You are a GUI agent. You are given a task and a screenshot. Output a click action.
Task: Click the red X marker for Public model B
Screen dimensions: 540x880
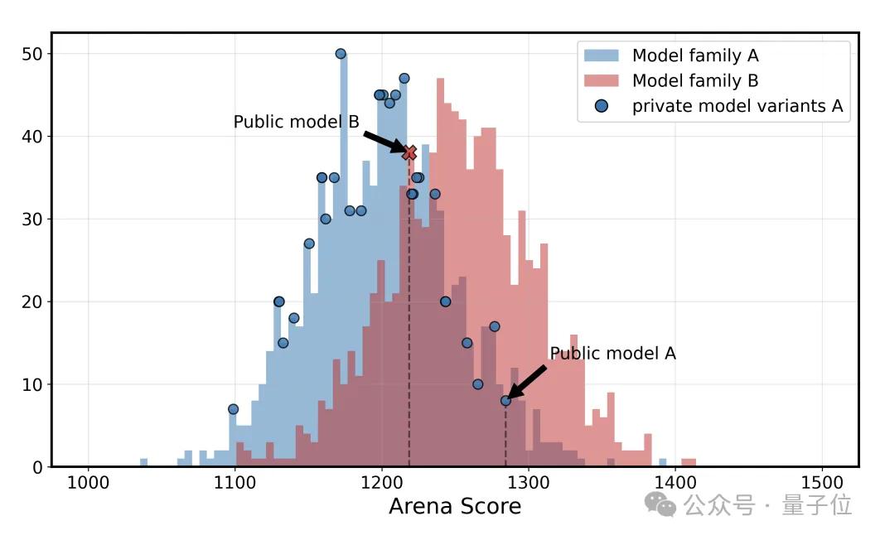(x=409, y=152)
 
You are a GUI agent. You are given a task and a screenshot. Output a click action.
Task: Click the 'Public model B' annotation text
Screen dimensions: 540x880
(x=296, y=122)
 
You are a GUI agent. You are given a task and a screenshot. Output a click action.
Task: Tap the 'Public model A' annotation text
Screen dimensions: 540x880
(x=612, y=354)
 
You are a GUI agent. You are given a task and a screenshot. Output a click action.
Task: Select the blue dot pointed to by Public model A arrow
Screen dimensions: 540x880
(x=505, y=400)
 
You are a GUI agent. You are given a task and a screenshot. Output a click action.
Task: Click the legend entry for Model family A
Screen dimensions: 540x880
(x=695, y=55)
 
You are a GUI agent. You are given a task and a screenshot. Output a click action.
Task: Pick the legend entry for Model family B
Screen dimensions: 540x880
(x=695, y=80)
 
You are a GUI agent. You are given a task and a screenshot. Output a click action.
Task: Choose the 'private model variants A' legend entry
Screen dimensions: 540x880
(x=737, y=106)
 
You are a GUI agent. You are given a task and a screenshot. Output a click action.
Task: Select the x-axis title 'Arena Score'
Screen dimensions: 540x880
(x=455, y=507)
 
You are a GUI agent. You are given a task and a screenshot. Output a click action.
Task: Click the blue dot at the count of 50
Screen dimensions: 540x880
(x=341, y=54)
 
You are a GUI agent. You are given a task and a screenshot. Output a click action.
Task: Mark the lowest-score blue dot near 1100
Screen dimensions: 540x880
(x=233, y=409)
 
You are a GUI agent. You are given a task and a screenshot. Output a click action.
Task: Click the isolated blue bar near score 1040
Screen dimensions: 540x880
(x=143, y=462)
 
